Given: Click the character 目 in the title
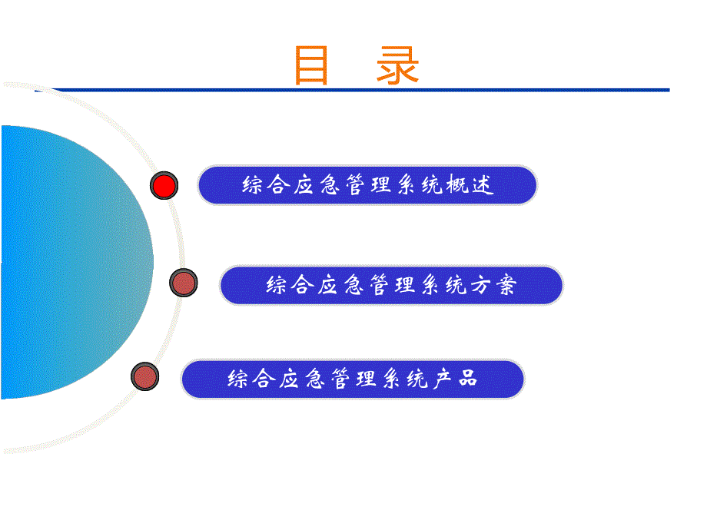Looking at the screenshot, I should point(312,66).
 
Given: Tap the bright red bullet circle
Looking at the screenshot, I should point(164,186).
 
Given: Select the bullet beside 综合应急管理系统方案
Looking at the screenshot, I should point(184,283).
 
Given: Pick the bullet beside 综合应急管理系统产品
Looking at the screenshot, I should point(144,376).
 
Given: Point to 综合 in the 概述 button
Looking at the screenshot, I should point(266,186).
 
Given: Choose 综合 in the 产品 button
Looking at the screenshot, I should point(252,379).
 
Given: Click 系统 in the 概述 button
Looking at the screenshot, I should point(419,186).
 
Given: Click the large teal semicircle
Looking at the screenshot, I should point(69,261).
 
